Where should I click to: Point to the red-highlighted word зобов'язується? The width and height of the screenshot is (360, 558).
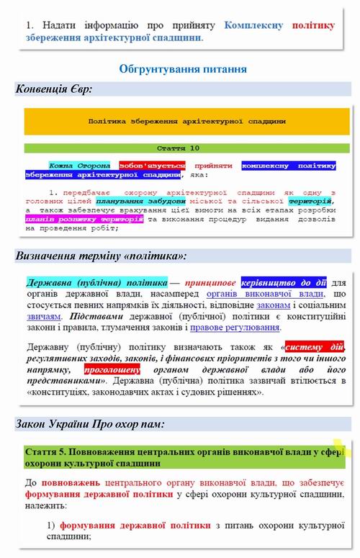click(x=152, y=165)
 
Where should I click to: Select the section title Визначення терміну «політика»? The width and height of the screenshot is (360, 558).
click(x=101, y=256)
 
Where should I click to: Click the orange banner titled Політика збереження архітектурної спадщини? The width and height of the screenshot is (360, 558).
click(x=186, y=122)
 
